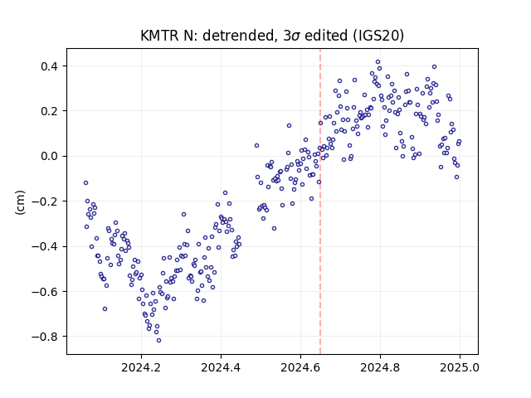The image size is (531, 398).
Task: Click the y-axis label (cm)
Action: click(x=20, y=202)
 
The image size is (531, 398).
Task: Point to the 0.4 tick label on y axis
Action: click(x=50, y=66)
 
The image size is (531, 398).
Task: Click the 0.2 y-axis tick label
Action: click(x=50, y=111)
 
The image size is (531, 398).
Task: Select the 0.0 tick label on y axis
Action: click(x=50, y=157)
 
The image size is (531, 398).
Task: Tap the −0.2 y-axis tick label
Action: click(x=45, y=201)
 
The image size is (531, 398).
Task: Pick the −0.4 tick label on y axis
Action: click(x=45, y=246)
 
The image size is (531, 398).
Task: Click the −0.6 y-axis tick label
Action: click(x=45, y=291)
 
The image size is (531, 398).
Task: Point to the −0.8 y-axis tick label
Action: click(x=45, y=337)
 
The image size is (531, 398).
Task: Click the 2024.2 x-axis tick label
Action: click(x=141, y=367)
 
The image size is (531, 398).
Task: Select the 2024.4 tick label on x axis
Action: click(x=221, y=367)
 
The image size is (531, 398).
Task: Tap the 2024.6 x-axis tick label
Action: click(x=300, y=367)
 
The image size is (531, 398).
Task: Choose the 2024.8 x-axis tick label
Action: click(x=380, y=367)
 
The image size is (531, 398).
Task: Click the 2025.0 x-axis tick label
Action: click(x=460, y=367)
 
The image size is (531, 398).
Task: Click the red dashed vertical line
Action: click(x=320, y=201)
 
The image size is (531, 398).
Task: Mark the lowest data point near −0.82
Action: click(x=158, y=341)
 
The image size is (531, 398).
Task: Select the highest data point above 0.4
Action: click(x=378, y=62)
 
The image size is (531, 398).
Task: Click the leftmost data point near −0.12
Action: click(x=85, y=183)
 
